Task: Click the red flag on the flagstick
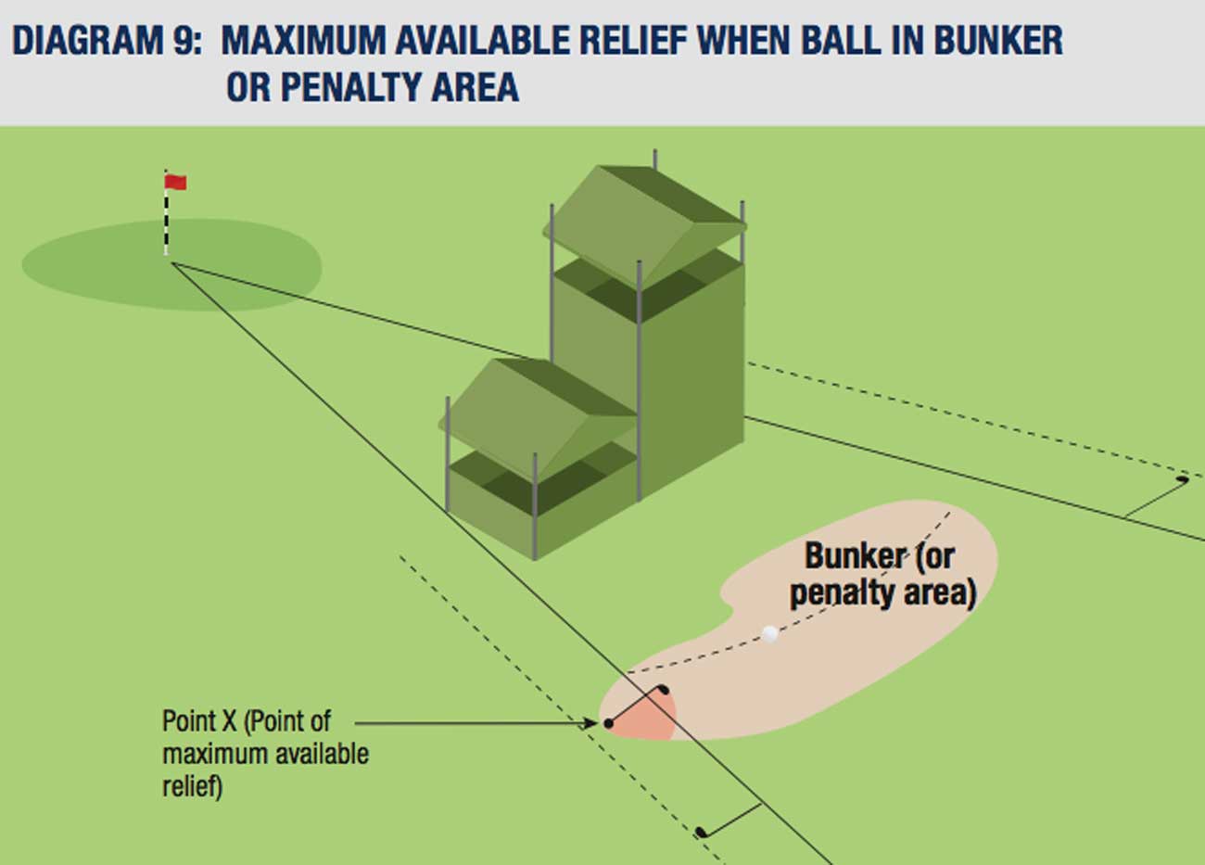click(x=176, y=183)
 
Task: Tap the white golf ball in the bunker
click(x=769, y=634)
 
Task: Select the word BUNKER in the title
click(x=998, y=42)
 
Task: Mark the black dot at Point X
click(x=608, y=723)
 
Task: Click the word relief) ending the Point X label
click(x=192, y=787)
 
